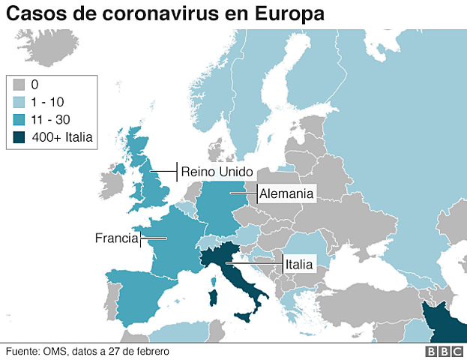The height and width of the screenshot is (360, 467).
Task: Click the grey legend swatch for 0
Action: pos(19,85)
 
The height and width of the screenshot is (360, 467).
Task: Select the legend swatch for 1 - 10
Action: pos(19,102)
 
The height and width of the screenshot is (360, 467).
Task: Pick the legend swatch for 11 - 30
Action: pos(19,119)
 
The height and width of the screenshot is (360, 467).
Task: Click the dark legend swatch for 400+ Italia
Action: pos(19,136)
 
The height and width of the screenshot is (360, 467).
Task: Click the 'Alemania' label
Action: pos(286,193)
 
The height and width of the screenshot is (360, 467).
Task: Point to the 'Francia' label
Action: pos(117,238)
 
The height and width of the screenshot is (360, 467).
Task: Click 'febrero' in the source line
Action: pos(150,351)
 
